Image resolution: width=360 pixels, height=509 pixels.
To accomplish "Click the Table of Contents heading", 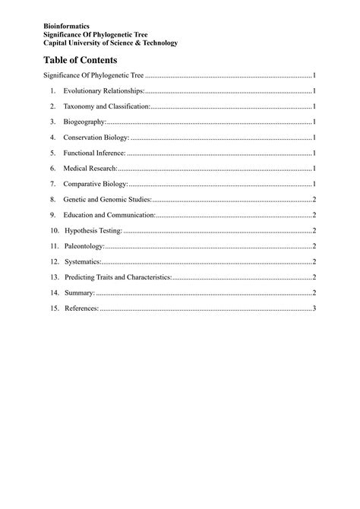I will [x=80, y=59].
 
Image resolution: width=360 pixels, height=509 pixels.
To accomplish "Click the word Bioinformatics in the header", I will [x=67, y=27].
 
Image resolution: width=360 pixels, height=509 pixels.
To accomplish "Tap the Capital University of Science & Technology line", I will [x=110, y=43].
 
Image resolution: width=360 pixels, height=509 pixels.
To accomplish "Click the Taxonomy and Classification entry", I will [x=106, y=106].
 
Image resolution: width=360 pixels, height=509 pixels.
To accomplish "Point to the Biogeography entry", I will [x=84, y=122].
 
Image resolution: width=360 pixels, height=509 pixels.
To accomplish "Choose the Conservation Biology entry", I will [x=96, y=138].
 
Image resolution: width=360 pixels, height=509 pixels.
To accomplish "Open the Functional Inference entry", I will [x=95, y=153].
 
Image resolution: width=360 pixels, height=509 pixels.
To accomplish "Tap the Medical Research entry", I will [x=90, y=169].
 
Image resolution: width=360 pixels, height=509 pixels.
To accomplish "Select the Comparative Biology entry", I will [x=96, y=184].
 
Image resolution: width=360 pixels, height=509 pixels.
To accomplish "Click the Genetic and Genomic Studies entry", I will [x=107, y=200].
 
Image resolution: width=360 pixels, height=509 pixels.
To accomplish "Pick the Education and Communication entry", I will [x=109, y=215].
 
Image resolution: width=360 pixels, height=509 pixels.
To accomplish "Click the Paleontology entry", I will [x=84, y=246].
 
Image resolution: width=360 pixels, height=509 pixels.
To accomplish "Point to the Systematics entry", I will [x=83, y=262].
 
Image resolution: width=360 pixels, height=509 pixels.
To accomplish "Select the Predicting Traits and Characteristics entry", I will [x=118, y=277].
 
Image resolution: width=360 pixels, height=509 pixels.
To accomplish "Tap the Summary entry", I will [x=80, y=293].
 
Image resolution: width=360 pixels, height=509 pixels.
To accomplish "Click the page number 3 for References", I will [x=314, y=308].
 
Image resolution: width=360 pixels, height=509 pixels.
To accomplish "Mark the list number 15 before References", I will [x=54, y=308].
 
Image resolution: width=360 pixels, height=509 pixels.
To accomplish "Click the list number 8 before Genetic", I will [x=52, y=200].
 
